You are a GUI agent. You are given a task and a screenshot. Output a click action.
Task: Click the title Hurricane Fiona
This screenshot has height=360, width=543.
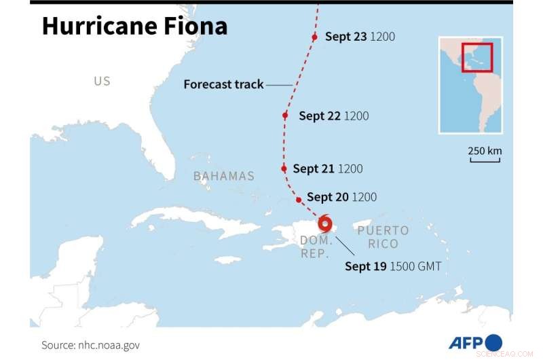(134, 26)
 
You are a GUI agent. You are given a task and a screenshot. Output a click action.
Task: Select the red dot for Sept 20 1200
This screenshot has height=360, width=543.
(299, 200)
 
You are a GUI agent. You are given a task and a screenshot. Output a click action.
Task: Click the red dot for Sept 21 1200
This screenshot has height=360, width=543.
(284, 168)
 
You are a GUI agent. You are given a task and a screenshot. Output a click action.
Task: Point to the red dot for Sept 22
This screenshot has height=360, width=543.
(286, 115)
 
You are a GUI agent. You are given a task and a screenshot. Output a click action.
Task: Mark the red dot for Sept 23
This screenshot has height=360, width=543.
(314, 37)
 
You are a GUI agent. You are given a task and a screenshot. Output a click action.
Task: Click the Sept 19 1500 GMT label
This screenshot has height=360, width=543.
(392, 267)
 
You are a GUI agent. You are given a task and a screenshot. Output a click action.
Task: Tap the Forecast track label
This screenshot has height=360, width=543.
(223, 84)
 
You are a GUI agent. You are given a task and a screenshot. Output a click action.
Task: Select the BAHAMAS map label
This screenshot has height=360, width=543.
(223, 176)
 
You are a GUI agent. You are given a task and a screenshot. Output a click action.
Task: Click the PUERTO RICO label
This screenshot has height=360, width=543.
(383, 237)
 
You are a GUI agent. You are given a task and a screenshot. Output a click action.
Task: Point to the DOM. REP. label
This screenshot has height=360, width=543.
(316, 247)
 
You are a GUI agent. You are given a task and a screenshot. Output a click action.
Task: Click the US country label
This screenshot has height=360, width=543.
(102, 82)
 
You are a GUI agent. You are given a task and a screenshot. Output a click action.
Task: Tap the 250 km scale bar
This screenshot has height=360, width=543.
(485, 160)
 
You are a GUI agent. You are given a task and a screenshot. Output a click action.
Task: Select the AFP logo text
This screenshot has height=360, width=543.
(466, 342)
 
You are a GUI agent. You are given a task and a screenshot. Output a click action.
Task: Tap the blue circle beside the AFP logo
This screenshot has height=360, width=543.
(494, 342)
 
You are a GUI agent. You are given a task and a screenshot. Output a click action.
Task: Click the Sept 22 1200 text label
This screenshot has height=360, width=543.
(333, 116)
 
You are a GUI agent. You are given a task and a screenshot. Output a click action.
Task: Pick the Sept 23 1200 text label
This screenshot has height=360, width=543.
(360, 37)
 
